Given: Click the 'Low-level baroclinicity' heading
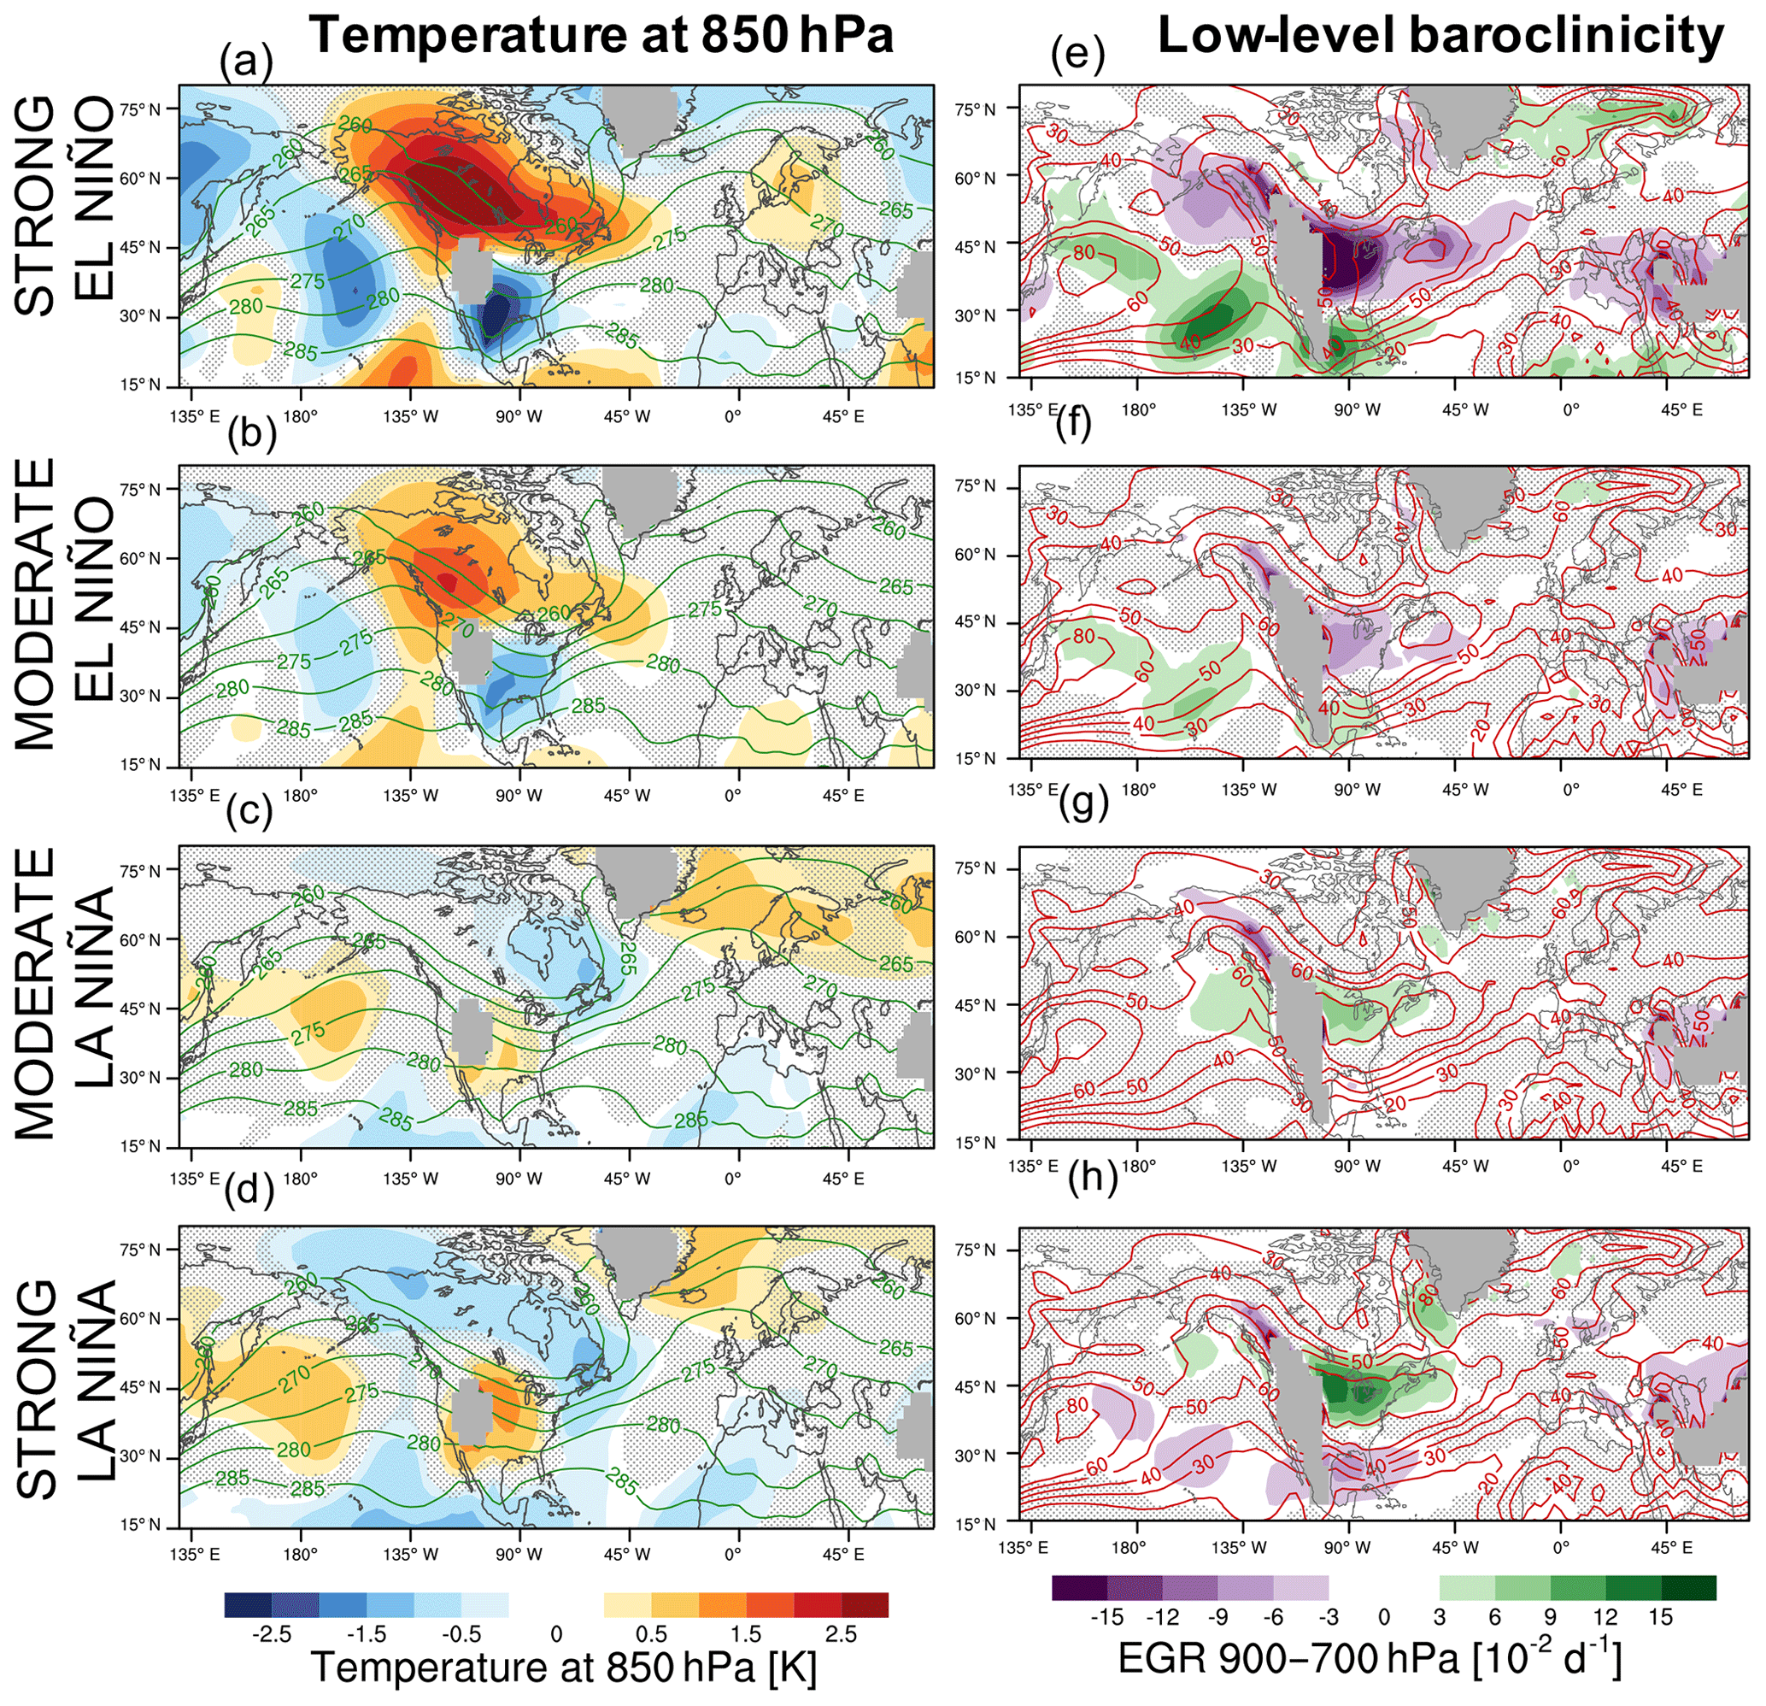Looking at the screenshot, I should (x=1440, y=36).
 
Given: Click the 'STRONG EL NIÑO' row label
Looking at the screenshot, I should (x=66, y=208).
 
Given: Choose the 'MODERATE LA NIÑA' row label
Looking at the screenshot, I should (x=66, y=991).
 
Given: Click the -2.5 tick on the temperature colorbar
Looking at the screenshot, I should (x=271, y=1635).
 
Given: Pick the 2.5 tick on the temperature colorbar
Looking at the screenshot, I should (x=840, y=1635).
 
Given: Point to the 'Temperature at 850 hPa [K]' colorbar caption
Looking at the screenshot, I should (x=564, y=1669).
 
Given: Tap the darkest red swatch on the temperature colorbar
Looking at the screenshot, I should (x=865, y=1605).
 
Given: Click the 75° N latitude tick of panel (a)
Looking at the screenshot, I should (x=139, y=109).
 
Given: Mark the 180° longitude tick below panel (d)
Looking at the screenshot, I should (x=300, y=1555).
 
